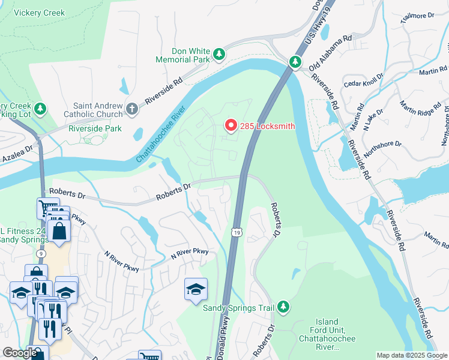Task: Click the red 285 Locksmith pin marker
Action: tap(230, 125)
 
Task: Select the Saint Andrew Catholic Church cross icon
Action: tap(132, 109)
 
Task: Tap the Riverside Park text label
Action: tap(95, 128)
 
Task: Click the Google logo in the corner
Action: tap(19, 353)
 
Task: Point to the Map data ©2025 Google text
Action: tap(411, 355)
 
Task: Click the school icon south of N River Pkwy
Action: tap(196, 290)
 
